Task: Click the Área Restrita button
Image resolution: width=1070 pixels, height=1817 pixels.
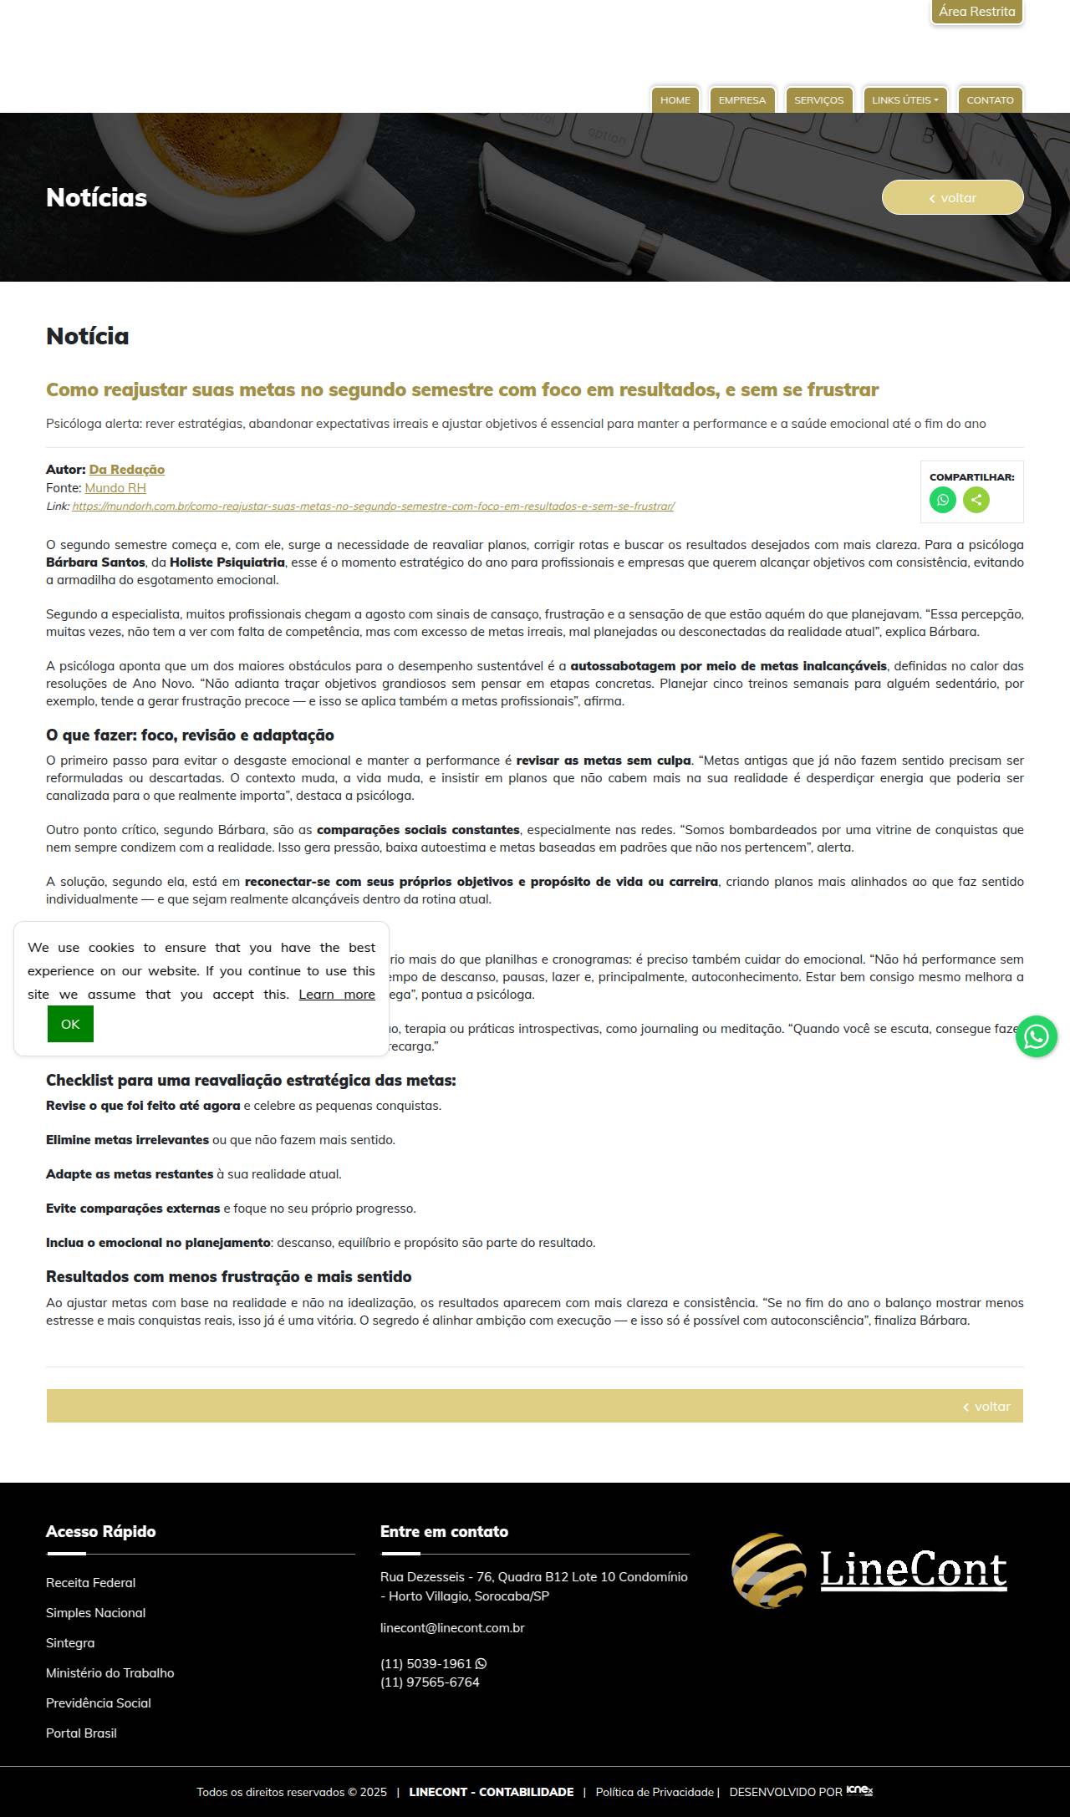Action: (976, 12)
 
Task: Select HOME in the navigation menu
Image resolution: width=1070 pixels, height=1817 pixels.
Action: (675, 100)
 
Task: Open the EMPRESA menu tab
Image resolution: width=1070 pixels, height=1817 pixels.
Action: (741, 100)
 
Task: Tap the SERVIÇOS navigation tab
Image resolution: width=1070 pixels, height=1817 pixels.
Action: (818, 100)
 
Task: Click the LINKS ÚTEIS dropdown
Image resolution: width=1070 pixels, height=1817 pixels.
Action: (904, 100)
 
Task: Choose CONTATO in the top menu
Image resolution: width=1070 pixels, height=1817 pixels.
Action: (990, 100)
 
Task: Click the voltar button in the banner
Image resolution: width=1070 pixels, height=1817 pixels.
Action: (952, 198)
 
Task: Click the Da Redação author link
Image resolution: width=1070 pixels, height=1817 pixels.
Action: (127, 470)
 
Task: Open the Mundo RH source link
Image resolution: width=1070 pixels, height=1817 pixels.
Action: (115, 488)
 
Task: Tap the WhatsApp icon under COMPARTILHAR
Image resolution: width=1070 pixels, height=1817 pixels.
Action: (943, 500)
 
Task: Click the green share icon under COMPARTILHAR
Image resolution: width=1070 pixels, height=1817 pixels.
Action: (976, 500)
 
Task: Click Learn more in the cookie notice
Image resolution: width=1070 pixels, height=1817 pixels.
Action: (337, 995)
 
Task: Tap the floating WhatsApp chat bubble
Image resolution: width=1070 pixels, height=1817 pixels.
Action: (1037, 1036)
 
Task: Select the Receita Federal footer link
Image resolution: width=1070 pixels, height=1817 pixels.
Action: (90, 1583)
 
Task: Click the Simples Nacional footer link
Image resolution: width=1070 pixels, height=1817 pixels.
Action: (95, 1613)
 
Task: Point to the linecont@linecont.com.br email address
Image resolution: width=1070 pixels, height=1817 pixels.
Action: (452, 1628)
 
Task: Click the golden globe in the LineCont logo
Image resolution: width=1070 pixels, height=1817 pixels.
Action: (768, 1570)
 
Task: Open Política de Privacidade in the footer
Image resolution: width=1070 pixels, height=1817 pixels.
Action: (655, 1792)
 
